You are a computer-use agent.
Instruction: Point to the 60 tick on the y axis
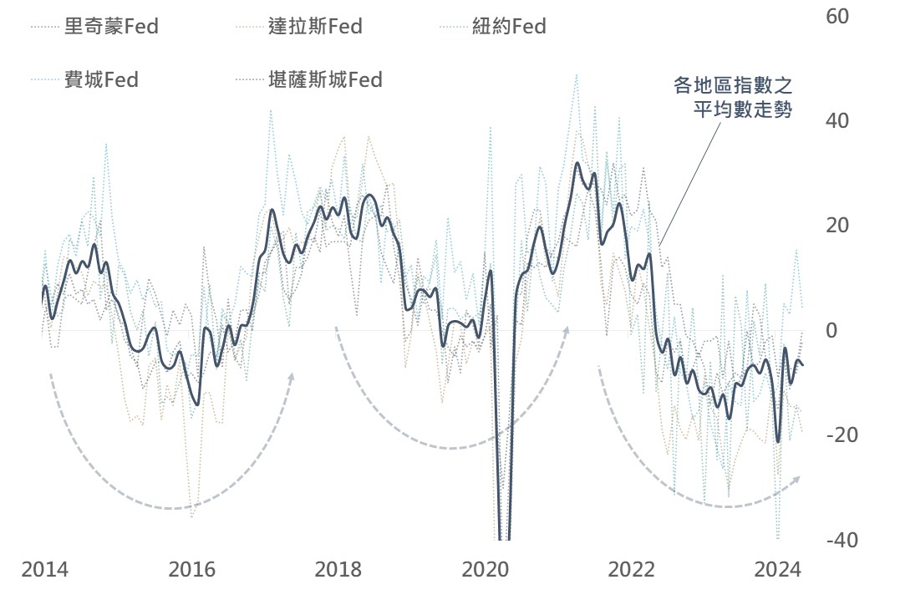pyautogui.click(x=837, y=17)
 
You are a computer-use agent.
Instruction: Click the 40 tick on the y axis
pyautogui.click(x=837, y=121)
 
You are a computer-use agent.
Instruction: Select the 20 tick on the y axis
pyautogui.click(x=837, y=226)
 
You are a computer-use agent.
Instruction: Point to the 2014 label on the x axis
pyautogui.click(x=44, y=571)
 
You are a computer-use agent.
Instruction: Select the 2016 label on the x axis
pyautogui.click(x=191, y=571)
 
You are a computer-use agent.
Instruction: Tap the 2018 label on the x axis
pyautogui.click(x=338, y=571)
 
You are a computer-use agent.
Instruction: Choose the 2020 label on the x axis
pyautogui.click(x=486, y=571)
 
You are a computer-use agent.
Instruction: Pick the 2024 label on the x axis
pyautogui.click(x=779, y=571)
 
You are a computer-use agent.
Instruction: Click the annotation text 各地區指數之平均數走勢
pyautogui.click(x=733, y=97)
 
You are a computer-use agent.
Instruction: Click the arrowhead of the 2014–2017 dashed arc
pyautogui.click(x=292, y=377)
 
